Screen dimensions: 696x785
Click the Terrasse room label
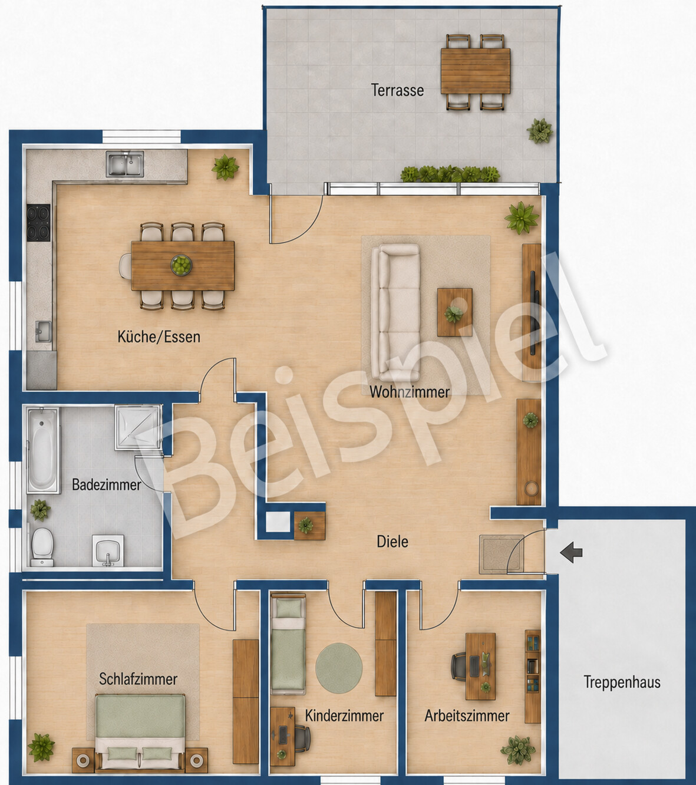click(x=397, y=90)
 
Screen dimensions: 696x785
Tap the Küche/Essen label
click(x=159, y=337)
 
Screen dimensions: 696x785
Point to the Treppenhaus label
click(x=622, y=682)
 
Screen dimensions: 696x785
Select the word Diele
click(x=392, y=542)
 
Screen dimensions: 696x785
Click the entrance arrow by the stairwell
click(x=571, y=552)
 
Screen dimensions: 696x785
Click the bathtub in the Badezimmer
click(x=43, y=450)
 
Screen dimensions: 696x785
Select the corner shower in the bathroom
click(x=138, y=427)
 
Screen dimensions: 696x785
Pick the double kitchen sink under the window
click(x=125, y=164)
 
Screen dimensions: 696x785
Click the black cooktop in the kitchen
click(x=38, y=222)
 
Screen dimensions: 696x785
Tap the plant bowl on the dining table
click(x=181, y=265)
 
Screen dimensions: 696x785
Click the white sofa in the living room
click(x=395, y=312)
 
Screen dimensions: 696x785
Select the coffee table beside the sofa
click(x=454, y=312)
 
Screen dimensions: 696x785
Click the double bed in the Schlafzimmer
click(x=140, y=727)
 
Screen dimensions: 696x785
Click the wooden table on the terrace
click(x=475, y=71)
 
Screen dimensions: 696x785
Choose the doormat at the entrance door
click(x=502, y=555)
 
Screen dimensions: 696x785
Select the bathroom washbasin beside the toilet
click(x=108, y=551)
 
